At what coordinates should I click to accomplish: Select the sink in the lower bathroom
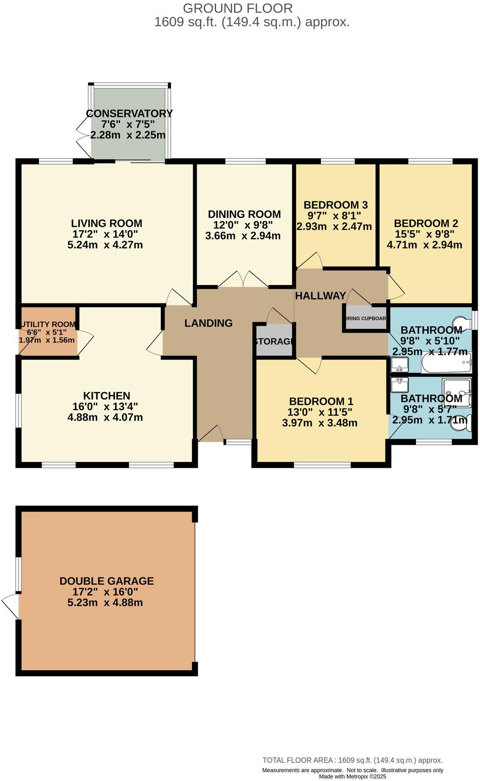[399, 384]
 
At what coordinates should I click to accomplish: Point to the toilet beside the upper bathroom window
[462, 322]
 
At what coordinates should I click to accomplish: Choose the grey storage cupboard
[274, 340]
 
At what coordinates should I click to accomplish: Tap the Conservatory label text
[129, 113]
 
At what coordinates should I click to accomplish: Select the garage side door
[11, 606]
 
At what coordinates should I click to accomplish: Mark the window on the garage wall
[18, 574]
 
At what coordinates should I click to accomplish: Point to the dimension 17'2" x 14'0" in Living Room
[105, 234]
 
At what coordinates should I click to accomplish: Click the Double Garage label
[106, 581]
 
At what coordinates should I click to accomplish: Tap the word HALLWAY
[320, 296]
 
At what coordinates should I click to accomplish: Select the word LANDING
[208, 323]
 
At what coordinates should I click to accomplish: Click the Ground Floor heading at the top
[237, 8]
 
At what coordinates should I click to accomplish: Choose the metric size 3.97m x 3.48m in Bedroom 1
[320, 423]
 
